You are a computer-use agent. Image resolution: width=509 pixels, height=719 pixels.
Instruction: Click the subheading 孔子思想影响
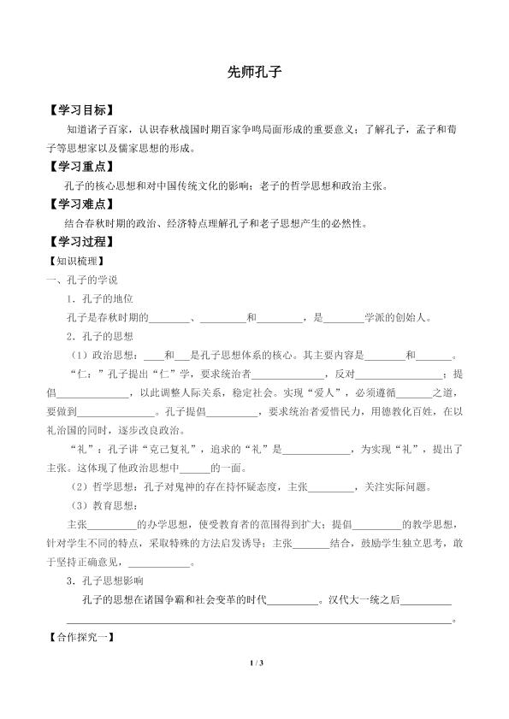point(110,581)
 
